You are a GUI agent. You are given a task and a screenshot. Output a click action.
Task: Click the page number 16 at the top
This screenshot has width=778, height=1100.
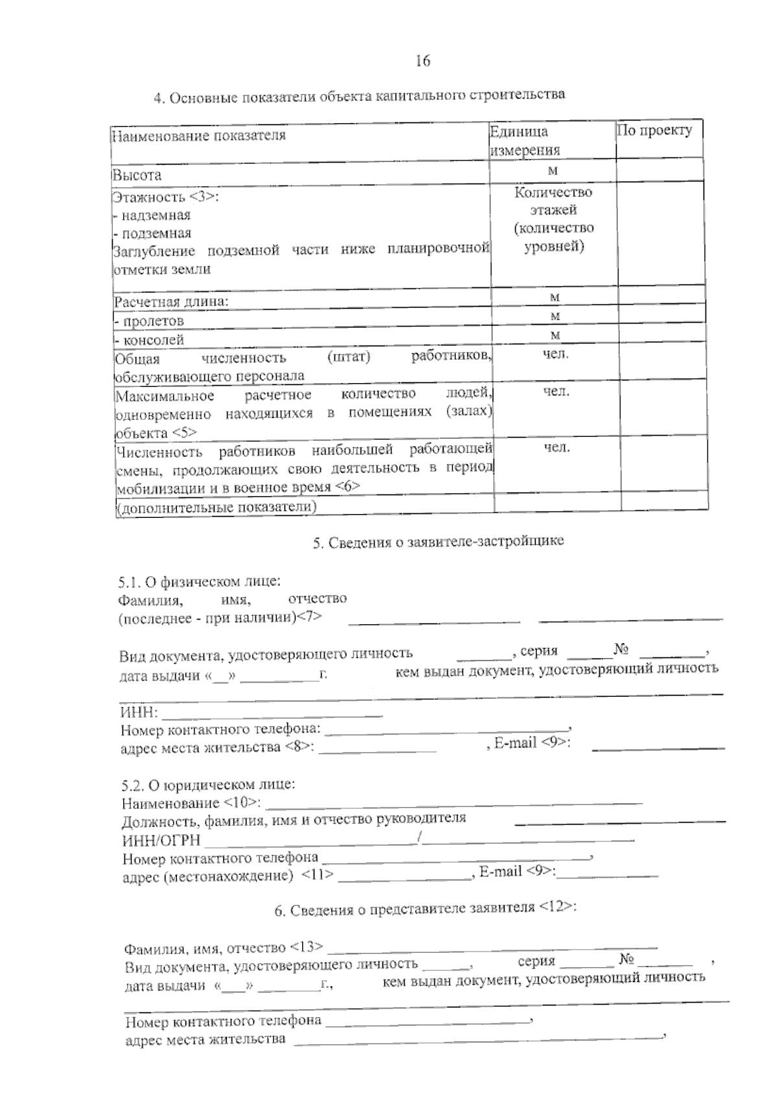tap(423, 61)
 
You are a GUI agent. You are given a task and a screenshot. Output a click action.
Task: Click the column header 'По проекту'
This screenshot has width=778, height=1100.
tap(654, 130)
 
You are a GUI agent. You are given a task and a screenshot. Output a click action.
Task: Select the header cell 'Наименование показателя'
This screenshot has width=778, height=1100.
tap(199, 135)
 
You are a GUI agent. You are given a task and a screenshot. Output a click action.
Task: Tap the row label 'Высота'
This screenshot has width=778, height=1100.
tap(137, 175)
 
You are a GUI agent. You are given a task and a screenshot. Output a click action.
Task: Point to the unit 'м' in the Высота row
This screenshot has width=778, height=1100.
tap(553, 170)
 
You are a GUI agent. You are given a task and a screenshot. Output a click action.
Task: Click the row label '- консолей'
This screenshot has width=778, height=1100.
tap(149, 340)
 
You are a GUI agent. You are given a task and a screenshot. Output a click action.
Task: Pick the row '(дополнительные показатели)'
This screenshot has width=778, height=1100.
tap(217, 507)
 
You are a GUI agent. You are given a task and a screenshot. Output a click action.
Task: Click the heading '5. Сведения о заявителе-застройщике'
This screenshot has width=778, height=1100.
tap(438, 541)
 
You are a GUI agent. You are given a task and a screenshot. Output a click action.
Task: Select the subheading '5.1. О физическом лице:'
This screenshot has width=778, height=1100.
tap(200, 581)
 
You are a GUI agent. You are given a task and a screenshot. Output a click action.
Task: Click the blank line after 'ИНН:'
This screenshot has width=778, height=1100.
tap(272, 715)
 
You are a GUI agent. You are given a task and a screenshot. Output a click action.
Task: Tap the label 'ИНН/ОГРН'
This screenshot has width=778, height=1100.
tap(161, 841)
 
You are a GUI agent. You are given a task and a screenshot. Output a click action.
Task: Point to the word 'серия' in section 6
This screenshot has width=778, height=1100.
tap(536, 961)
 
